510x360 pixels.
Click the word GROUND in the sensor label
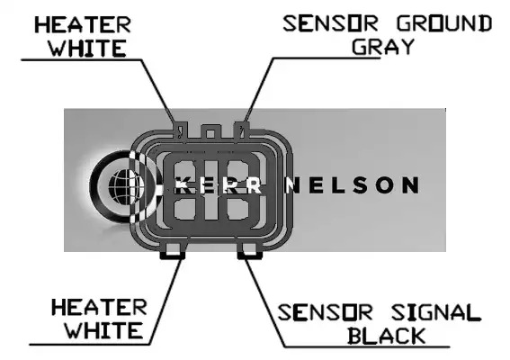point(444,23)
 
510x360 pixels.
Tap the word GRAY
point(382,47)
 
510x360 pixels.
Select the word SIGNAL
point(436,312)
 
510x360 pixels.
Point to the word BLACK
point(387,336)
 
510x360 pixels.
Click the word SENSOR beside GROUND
point(330,23)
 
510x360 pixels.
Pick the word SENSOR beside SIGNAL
point(325,312)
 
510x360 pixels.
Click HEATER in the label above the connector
point(83,25)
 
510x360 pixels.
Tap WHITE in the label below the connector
point(104,330)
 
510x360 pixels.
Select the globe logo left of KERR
point(124,186)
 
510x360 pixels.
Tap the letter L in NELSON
point(339,184)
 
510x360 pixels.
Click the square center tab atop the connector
point(210,132)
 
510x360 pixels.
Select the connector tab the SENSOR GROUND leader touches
point(242,130)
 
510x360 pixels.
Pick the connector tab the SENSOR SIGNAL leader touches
point(250,251)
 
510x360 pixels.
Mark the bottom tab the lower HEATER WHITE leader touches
point(173,251)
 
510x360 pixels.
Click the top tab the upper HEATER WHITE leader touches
point(181,130)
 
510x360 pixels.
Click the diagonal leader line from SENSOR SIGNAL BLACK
point(264,301)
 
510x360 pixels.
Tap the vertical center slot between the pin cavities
point(210,190)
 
